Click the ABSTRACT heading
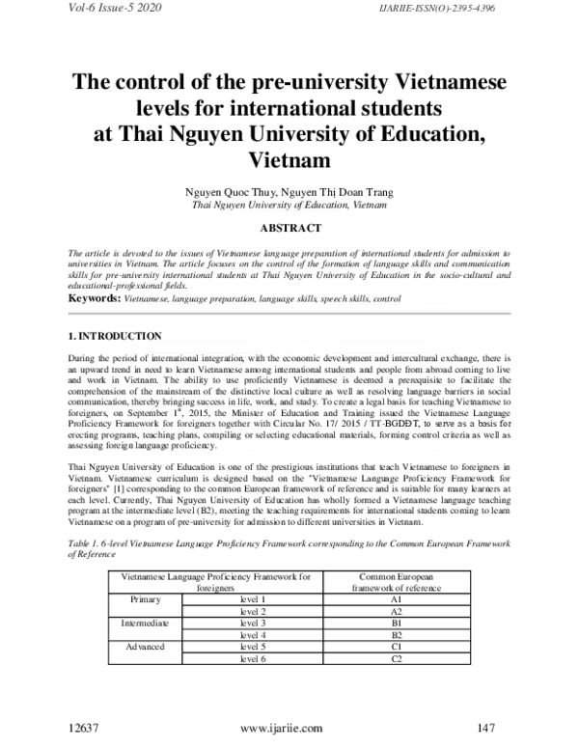click(289, 228)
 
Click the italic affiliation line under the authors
click(289, 206)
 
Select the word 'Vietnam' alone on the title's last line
click(289, 158)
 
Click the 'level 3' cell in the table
click(252, 624)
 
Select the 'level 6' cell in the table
click(252, 658)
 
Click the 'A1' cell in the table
click(396, 599)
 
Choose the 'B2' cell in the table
click(396, 635)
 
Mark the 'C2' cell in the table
click(396, 658)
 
